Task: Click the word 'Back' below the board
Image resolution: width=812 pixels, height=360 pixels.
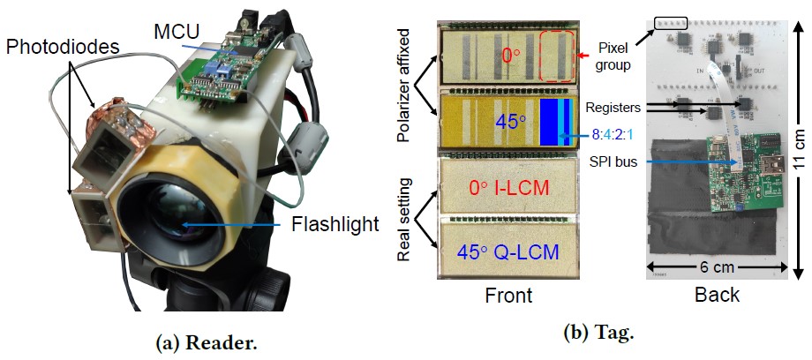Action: click(x=717, y=296)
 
